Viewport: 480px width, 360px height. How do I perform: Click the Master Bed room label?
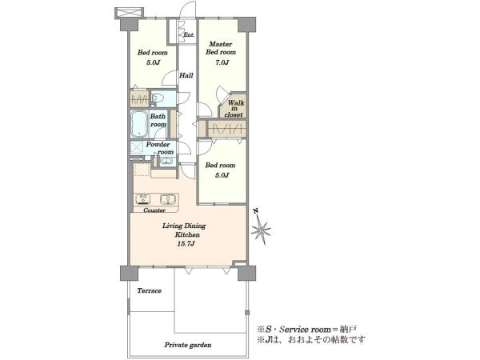pyautogui.click(x=221, y=48)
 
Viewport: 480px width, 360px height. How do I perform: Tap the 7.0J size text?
pyautogui.click(x=222, y=62)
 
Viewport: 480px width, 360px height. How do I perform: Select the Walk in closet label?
pyautogui.click(x=234, y=109)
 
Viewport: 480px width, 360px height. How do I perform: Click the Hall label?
pyautogui.click(x=186, y=75)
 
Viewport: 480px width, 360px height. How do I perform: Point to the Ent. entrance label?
pyautogui.click(x=189, y=34)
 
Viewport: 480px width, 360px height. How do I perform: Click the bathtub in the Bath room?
pyautogui.click(x=139, y=124)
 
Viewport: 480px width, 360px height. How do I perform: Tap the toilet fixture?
pyautogui.click(x=158, y=98)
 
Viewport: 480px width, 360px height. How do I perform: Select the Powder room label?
pyautogui.click(x=160, y=148)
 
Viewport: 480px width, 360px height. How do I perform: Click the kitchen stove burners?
pyautogui.click(x=143, y=199)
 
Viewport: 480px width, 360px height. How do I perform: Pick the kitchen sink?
pyautogui.click(x=169, y=199)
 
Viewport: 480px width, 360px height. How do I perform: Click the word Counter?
pyautogui.click(x=154, y=210)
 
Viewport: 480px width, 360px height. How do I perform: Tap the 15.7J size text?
pyautogui.click(x=186, y=244)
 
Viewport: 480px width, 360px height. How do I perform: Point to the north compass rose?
pyautogui.click(x=261, y=227)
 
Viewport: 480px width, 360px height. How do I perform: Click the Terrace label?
pyautogui.click(x=149, y=290)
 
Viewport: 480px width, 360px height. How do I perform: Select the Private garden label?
pyautogui.click(x=188, y=345)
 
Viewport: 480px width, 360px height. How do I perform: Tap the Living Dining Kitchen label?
pyautogui.click(x=184, y=230)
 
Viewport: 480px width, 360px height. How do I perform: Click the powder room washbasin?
pyautogui.click(x=166, y=161)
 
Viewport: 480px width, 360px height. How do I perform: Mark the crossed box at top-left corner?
pyautogui.click(x=129, y=13)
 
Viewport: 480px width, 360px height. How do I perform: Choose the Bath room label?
pyautogui.click(x=158, y=120)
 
